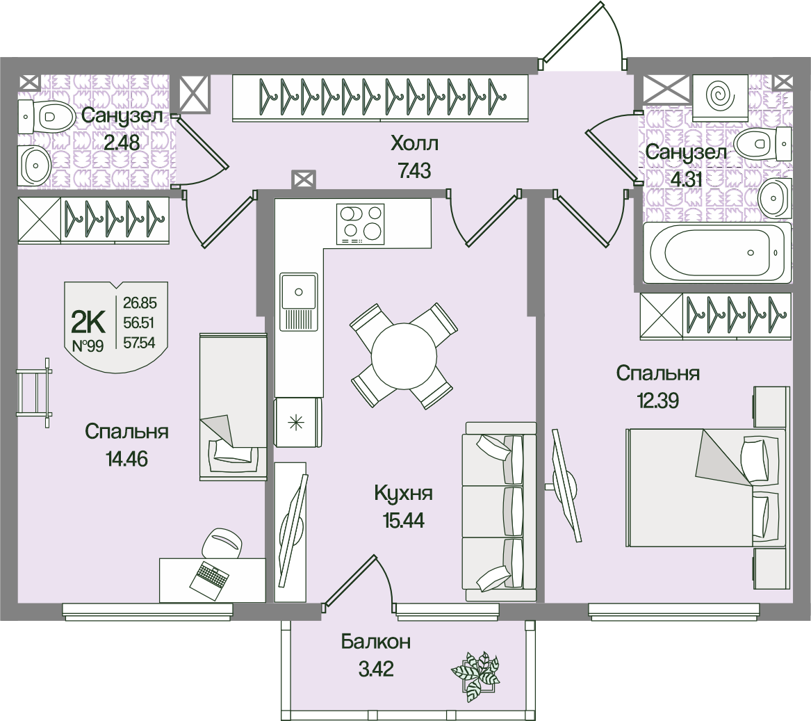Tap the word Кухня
pyautogui.click(x=403, y=494)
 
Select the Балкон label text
pyautogui.click(x=375, y=641)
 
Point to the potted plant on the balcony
pyautogui.click(x=475, y=674)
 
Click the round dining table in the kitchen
pyautogui.click(x=403, y=355)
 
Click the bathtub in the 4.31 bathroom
pyautogui.click(x=716, y=252)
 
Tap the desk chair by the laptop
pyautogui.click(x=224, y=543)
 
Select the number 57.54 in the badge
pyautogui.click(x=140, y=342)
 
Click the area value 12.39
pyautogui.click(x=657, y=400)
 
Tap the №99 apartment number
pyautogui.click(x=88, y=346)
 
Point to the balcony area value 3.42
pyautogui.click(x=376, y=670)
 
